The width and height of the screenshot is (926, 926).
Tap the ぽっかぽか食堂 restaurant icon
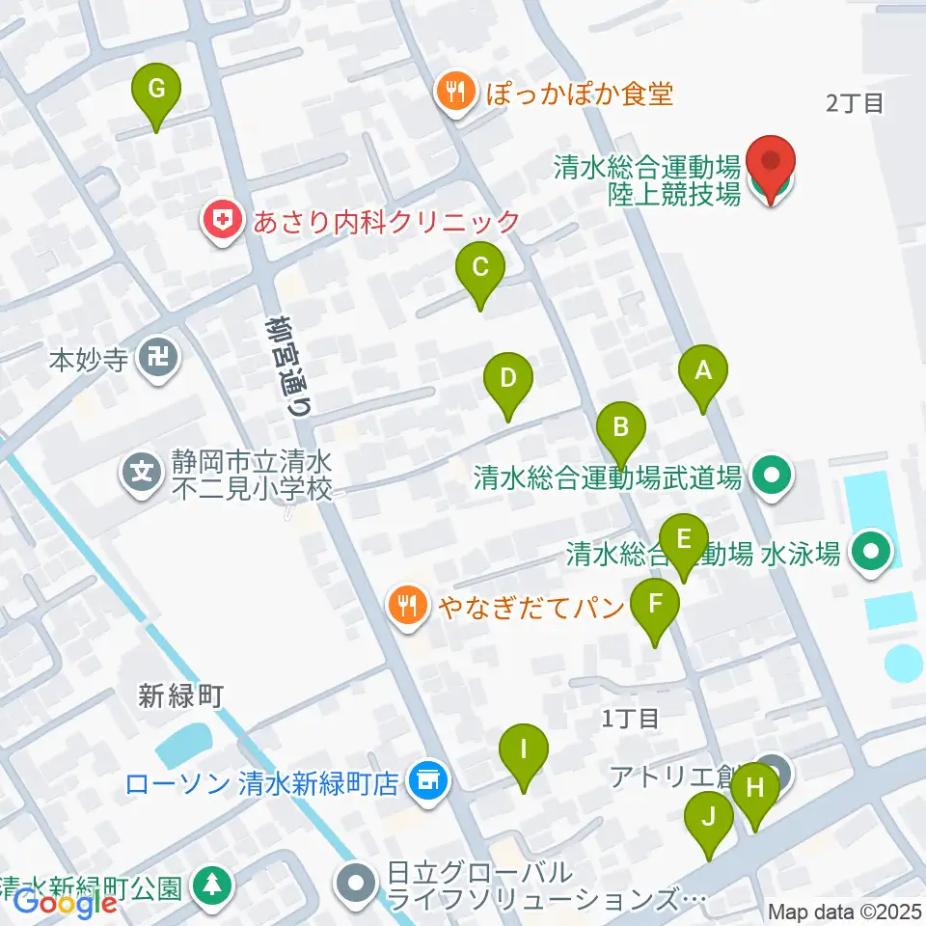(452, 93)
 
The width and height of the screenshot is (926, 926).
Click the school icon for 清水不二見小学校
(142, 473)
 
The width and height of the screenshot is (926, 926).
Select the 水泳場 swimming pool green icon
(872, 554)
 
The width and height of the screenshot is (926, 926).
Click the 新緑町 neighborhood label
(180, 695)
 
